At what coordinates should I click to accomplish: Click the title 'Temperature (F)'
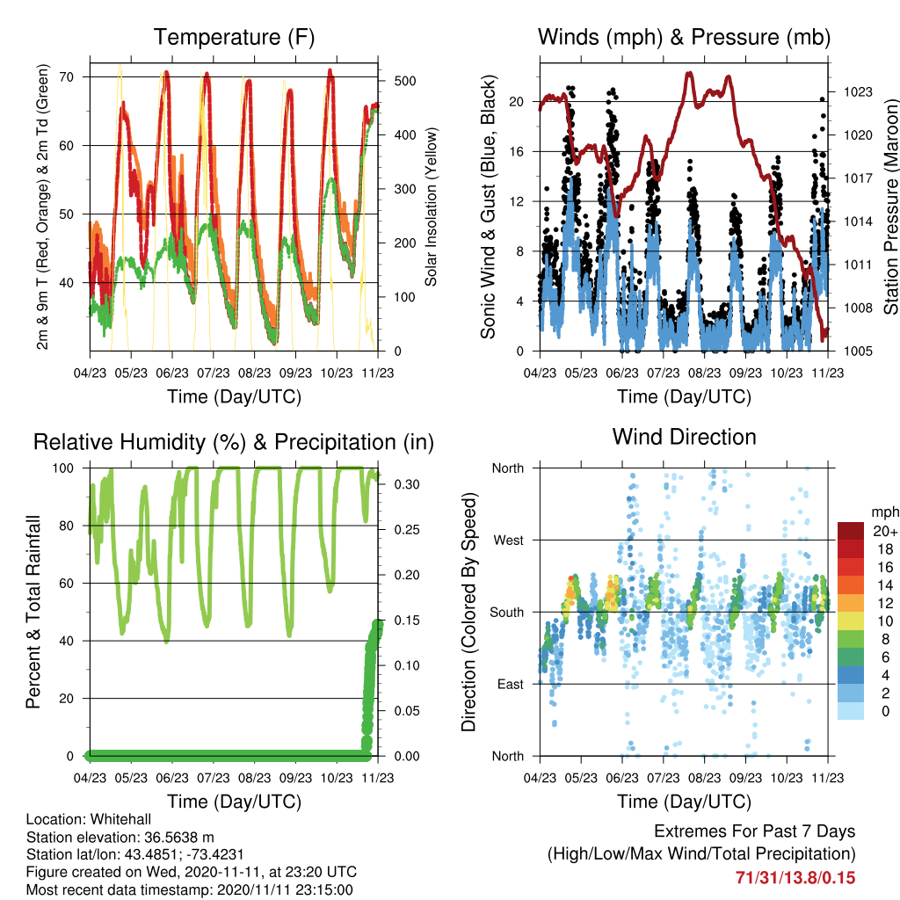point(234,37)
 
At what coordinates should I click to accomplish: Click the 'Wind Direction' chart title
point(684,437)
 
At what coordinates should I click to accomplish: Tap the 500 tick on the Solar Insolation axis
point(405,81)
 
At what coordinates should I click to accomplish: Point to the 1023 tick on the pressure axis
point(858,91)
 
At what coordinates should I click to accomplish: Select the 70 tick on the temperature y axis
point(67,77)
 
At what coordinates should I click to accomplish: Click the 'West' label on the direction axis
point(509,541)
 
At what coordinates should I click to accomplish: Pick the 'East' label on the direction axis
point(511,684)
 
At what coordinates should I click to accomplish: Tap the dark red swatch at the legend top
point(851,531)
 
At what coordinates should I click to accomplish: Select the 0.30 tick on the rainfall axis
point(407,484)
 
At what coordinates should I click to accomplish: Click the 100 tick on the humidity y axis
point(63,468)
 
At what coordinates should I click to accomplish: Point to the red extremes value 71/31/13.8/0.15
point(795,878)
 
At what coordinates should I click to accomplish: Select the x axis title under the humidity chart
point(234,802)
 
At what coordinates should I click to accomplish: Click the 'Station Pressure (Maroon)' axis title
point(891,207)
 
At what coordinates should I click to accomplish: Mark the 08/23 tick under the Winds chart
point(704,373)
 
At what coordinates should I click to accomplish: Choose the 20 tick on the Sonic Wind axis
point(517,102)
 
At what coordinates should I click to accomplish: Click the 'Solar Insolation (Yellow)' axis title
point(431,207)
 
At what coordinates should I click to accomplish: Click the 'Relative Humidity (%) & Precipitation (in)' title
point(234,443)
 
